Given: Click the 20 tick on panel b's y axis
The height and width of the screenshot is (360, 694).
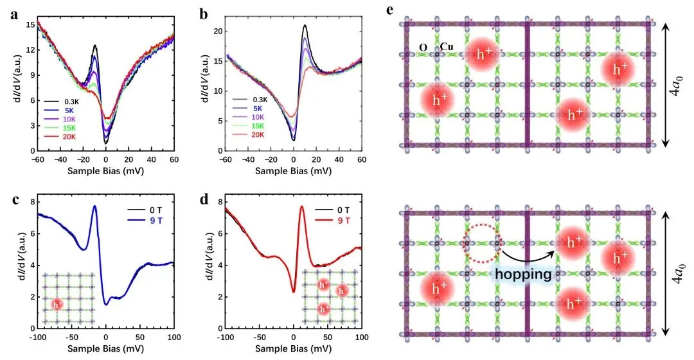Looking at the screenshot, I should coord(217,32).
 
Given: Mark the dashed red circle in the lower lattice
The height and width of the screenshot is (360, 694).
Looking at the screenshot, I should coord(481,244).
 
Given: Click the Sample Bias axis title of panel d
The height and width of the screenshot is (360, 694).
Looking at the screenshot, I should coord(294,348).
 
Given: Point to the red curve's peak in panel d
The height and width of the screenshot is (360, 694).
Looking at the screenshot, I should coord(301,206).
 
